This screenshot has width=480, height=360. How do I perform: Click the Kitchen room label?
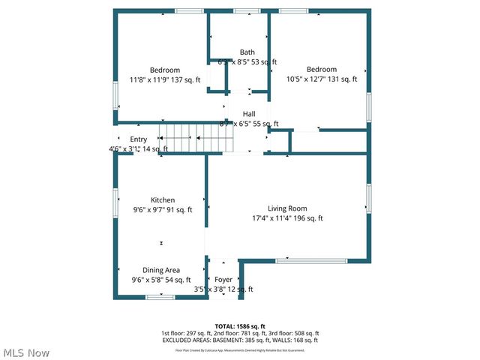163,200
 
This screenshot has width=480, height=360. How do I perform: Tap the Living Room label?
288,208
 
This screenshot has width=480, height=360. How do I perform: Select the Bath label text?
247,52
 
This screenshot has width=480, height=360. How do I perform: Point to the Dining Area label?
161,270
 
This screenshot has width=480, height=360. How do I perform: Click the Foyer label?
223,280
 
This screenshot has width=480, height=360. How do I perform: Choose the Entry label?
139,139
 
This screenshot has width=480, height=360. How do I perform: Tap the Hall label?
248,114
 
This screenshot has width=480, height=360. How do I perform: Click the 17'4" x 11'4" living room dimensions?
288,218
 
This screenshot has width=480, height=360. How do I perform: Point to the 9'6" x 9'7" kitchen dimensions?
163,210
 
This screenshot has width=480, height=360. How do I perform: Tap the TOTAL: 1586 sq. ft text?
240,326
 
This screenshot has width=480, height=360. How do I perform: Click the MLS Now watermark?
27,352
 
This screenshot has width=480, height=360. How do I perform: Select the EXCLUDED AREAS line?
240,340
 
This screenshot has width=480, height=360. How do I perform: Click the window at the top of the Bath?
244,10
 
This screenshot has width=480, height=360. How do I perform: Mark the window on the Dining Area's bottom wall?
160,297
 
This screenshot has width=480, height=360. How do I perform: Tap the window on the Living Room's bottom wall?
321,260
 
